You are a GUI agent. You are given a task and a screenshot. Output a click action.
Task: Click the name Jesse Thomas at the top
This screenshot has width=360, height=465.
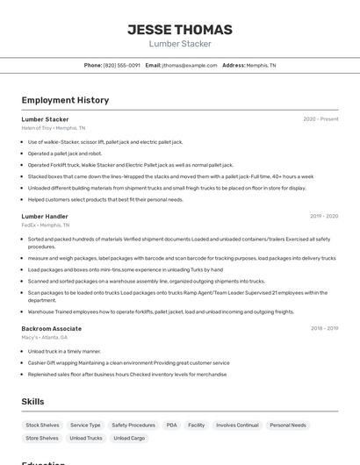click(x=180, y=29)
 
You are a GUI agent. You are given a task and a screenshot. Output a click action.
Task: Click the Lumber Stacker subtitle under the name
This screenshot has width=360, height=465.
click(x=180, y=44)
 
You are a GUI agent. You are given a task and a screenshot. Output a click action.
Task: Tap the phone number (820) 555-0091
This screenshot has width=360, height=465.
click(x=121, y=65)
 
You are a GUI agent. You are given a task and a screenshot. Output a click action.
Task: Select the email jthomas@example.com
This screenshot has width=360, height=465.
click(x=189, y=65)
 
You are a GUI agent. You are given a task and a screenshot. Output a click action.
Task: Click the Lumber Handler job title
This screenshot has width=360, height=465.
click(x=45, y=216)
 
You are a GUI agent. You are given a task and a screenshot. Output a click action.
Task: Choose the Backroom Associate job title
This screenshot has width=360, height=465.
click(x=52, y=328)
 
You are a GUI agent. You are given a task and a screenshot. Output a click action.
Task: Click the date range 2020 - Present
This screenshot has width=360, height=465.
click(x=320, y=119)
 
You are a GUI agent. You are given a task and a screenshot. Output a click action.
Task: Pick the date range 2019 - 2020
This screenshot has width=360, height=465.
click(x=323, y=216)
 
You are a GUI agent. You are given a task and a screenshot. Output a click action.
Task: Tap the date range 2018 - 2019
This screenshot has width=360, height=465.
click(x=324, y=328)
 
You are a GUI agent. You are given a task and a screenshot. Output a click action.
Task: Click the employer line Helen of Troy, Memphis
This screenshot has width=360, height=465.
click(x=54, y=128)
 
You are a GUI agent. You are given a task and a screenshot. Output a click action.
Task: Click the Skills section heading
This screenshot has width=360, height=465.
click(x=32, y=402)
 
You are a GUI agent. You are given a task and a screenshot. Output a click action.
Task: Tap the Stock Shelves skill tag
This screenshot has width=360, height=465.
click(x=42, y=425)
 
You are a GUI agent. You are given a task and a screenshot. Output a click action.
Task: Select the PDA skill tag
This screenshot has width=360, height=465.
click(x=171, y=425)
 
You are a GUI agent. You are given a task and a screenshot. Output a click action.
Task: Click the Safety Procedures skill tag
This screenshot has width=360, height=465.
click(x=133, y=425)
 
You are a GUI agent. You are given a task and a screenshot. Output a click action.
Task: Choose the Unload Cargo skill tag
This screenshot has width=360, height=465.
click(x=129, y=438)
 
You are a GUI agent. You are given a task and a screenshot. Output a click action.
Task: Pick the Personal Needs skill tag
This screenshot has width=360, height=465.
click(x=287, y=425)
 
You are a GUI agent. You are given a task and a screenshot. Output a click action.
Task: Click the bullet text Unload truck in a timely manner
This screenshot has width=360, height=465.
click(x=64, y=351)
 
